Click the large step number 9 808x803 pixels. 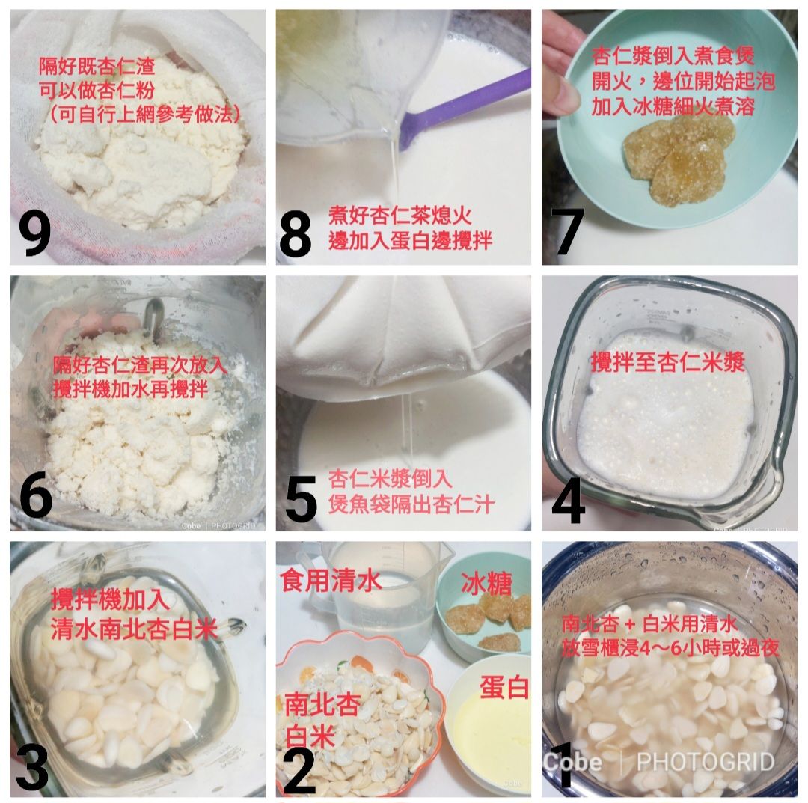coord(35,233)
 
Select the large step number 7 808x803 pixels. coord(568,231)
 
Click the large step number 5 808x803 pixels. coord(301,498)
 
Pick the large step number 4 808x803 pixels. coord(569,501)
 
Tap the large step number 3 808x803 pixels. coord(32,768)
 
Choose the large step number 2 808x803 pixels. coord(299,772)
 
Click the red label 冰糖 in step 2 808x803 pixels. coord(486,584)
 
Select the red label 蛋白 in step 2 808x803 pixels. coord(504,686)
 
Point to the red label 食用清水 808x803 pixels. coord(331,580)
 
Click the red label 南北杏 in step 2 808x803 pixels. coord(322,704)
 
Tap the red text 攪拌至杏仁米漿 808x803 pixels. coord(668,362)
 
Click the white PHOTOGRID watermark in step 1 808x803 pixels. coord(706,762)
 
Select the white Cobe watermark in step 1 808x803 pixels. coord(572,762)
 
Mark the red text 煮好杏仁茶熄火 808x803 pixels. coord(400,216)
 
